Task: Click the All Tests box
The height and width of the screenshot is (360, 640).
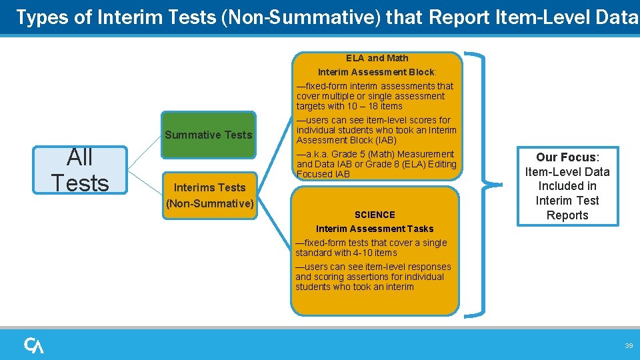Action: point(80,170)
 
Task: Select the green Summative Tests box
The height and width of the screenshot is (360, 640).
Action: point(209,135)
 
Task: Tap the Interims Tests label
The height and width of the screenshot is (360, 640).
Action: point(209,187)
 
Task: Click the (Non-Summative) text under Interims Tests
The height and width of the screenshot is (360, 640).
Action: point(210,203)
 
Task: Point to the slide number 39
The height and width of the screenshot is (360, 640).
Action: point(628,345)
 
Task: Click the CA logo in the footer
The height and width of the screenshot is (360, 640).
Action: point(34,345)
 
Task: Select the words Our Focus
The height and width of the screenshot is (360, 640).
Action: point(566,157)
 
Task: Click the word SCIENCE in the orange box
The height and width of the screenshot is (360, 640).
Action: point(375,215)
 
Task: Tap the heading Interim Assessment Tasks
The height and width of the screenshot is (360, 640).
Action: point(375,229)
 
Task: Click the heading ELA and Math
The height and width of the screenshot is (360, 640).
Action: point(377,58)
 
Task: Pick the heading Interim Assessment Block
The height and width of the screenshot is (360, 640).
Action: point(376,72)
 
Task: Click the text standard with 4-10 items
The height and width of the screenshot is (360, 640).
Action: point(346,253)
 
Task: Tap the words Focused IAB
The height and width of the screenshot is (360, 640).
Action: point(323,174)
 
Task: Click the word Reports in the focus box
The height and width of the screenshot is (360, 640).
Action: point(567,215)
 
